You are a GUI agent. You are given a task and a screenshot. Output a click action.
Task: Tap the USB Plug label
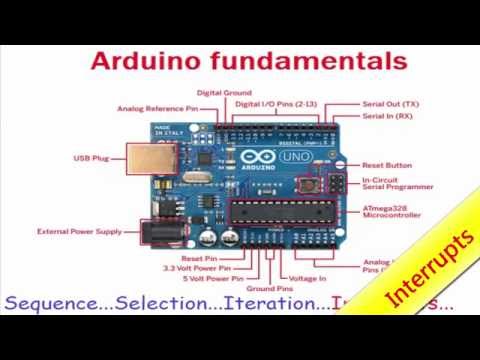[x=96, y=158]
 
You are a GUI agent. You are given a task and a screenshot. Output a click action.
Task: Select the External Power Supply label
[x=79, y=232]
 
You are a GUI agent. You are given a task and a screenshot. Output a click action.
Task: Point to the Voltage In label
[x=308, y=278]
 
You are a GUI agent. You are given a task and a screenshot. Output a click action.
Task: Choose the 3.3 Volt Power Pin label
[x=196, y=268]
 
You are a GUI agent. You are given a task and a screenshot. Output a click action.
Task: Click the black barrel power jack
[x=154, y=232]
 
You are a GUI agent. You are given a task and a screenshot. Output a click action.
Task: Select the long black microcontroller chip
[x=290, y=211]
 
